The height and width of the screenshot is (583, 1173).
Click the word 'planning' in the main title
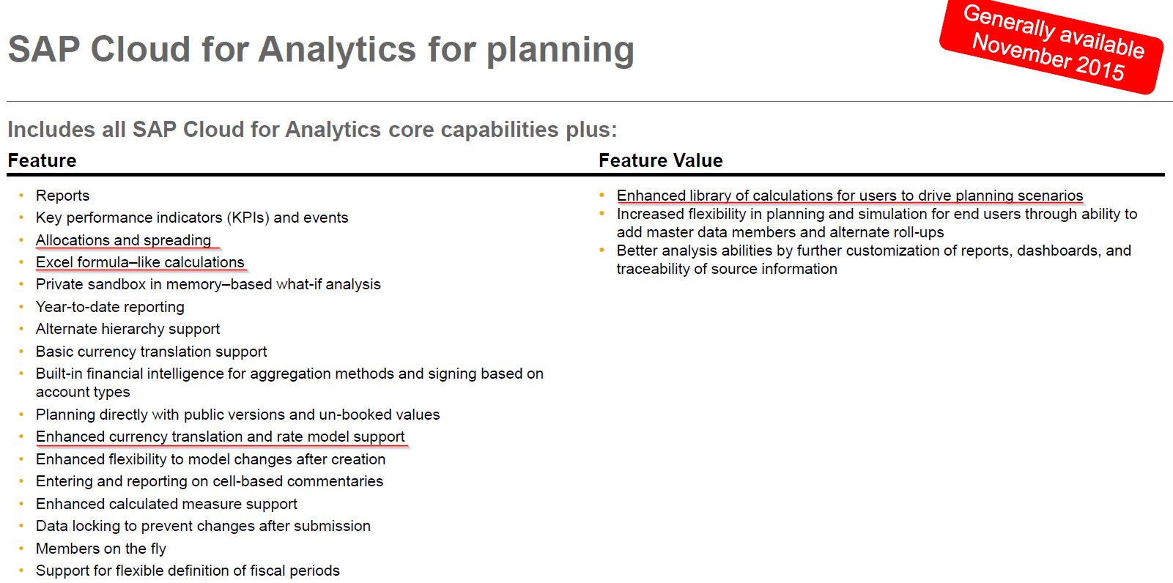click(x=560, y=51)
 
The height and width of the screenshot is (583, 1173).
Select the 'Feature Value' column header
click(x=660, y=160)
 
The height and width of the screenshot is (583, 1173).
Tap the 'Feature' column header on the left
click(x=42, y=160)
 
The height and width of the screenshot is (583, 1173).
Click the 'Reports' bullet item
click(x=62, y=196)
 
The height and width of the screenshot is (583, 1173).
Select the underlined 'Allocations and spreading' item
click(x=124, y=240)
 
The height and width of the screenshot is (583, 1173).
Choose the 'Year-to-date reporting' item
click(x=110, y=307)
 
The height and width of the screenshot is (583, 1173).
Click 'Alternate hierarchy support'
click(x=127, y=329)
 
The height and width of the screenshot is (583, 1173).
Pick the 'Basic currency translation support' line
click(x=152, y=352)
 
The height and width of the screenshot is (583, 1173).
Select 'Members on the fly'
click(x=101, y=549)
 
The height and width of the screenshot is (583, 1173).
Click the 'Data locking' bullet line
click(x=203, y=526)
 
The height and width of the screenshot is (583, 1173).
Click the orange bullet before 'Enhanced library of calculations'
click(x=602, y=196)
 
